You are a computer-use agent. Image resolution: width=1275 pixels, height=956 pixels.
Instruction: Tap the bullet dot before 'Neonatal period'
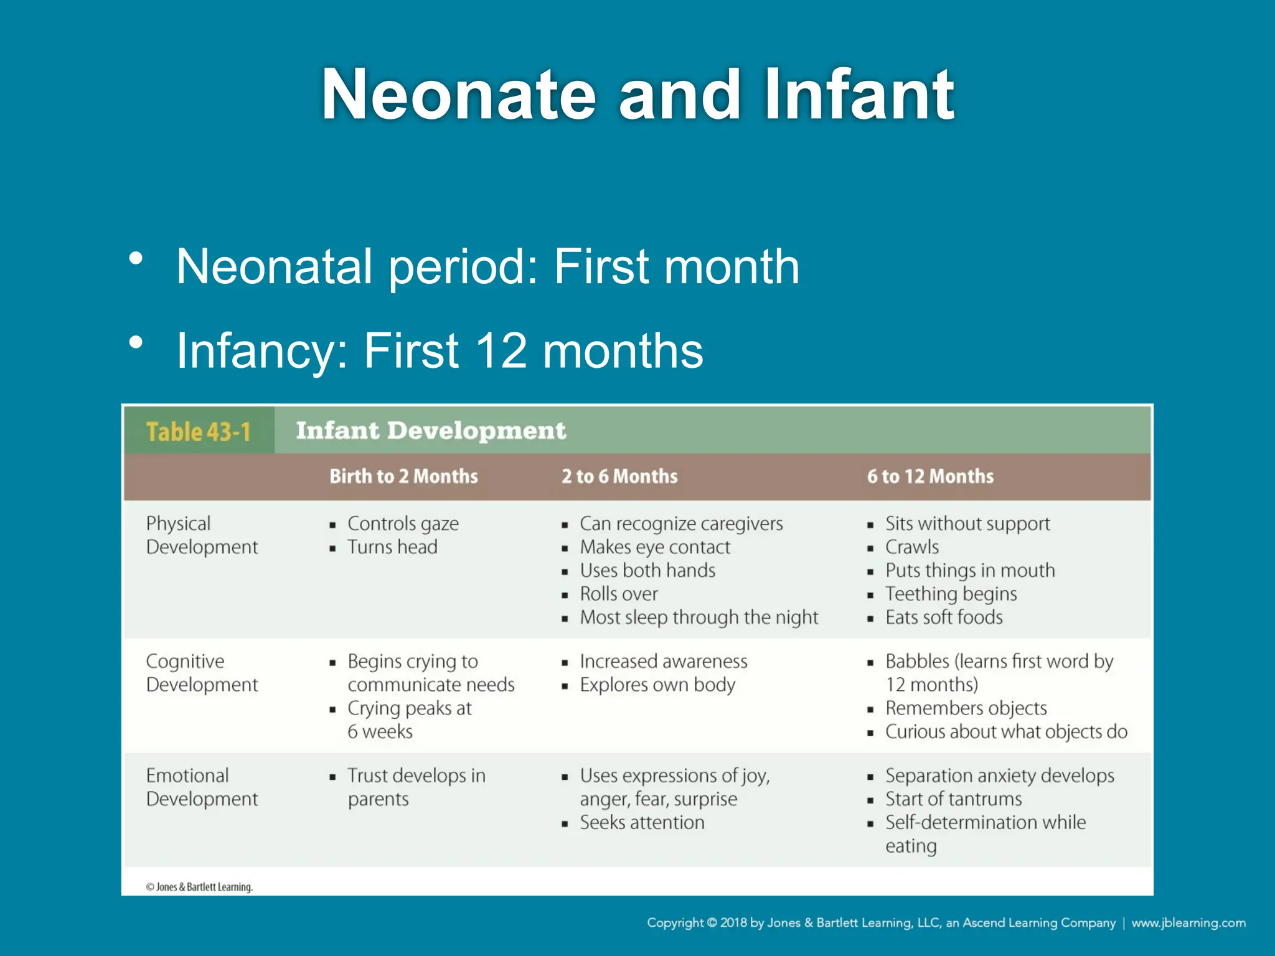coord(136,258)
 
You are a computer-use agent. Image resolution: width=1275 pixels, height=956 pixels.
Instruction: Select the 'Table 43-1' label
coord(199,431)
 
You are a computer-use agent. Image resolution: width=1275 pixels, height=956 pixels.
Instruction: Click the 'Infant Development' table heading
coord(431,431)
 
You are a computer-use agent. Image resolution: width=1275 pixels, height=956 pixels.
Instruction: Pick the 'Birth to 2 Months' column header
coord(403,476)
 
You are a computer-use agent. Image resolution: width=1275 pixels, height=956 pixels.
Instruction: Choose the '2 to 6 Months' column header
coord(619,476)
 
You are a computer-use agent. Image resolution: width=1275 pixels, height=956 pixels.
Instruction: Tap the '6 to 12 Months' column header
coord(930,476)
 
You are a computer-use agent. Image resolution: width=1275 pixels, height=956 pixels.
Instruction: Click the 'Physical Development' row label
coord(202,535)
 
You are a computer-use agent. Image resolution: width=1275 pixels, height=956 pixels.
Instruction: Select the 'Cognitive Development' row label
coord(202,673)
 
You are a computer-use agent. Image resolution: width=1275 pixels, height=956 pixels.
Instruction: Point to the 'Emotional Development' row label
coord(202,787)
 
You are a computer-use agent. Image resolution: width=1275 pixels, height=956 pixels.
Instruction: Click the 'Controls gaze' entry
coord(403,523)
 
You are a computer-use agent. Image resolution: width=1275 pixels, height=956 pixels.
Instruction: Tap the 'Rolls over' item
coord(618,594)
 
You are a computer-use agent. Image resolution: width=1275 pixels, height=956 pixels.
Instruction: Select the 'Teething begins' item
coord(951,594)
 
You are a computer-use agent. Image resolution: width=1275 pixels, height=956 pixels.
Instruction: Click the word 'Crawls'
coord(912,547)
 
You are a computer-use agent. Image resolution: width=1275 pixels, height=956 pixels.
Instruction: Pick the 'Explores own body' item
coord(657,685)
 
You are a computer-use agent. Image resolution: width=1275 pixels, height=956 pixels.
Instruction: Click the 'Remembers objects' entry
coord(966,708)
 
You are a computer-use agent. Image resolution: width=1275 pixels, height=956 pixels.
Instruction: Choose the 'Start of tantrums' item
coord(953,799)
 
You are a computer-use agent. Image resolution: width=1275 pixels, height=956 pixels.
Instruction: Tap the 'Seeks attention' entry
coord(642,823)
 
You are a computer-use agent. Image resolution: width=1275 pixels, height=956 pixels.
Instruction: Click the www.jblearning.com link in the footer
coord(1188,922)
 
